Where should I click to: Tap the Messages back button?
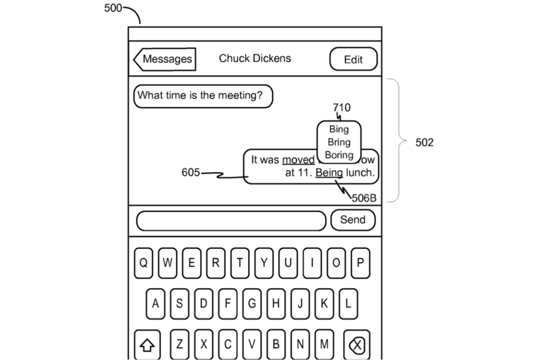coord(165,59)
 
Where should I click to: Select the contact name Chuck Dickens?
coord(255,58)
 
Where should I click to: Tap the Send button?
coord(352,220)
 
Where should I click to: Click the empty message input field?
coord(231,221)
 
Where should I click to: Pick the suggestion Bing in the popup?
coord(339,130)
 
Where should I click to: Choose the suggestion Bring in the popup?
coord(339,142)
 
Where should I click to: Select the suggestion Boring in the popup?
coord(339,155)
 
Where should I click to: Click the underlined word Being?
coord(329,173)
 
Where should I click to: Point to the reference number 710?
coord(341,108)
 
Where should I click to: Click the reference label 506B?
coord(364,198)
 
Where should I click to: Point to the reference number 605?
coord(190,173)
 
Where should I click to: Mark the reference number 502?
coord(424,143)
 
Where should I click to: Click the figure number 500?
coord(113,8)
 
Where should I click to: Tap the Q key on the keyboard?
coord(144,263)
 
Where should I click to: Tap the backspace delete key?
coord(356,345)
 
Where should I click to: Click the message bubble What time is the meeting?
coord(203,96)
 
